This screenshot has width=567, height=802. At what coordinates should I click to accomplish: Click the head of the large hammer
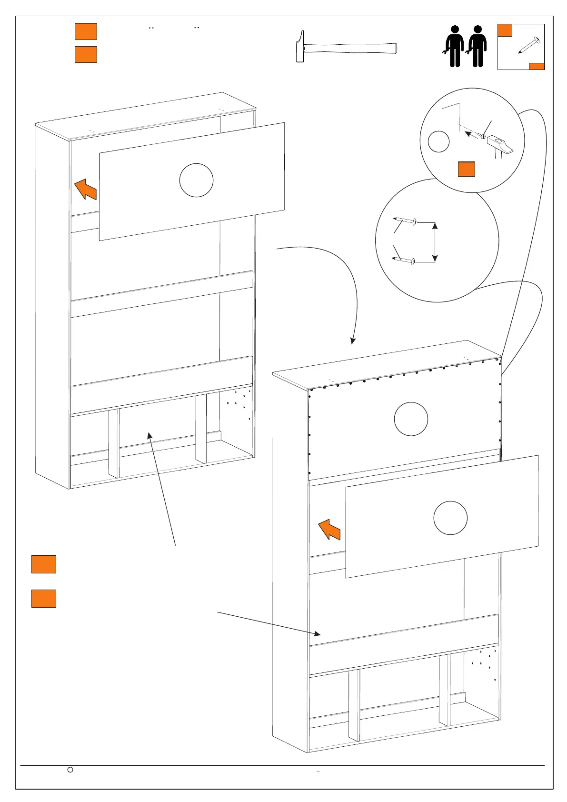[300, 47]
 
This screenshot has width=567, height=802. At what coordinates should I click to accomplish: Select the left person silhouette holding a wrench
[454, 46]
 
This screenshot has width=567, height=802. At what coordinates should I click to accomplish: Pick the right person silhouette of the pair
[477, 46]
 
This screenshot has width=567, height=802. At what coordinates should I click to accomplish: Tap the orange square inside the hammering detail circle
[466, 169]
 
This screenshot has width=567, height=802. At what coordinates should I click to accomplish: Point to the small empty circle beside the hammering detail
[438, 141]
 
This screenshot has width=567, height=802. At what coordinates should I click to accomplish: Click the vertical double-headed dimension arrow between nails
[434, 241]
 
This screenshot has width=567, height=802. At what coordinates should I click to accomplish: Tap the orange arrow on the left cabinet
[86, 189]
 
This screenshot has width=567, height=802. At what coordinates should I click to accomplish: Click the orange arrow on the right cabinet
[329, 530]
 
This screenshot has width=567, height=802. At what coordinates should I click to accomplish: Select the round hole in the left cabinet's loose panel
[196, 180]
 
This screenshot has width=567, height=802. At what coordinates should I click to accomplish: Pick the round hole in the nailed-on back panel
[411, 419]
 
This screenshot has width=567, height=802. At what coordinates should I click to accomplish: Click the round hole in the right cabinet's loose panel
[450, 518]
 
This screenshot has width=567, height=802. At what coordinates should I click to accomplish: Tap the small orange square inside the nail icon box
[505, 30]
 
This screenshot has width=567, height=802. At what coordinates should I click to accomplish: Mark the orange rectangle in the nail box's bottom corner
[537, 66]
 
